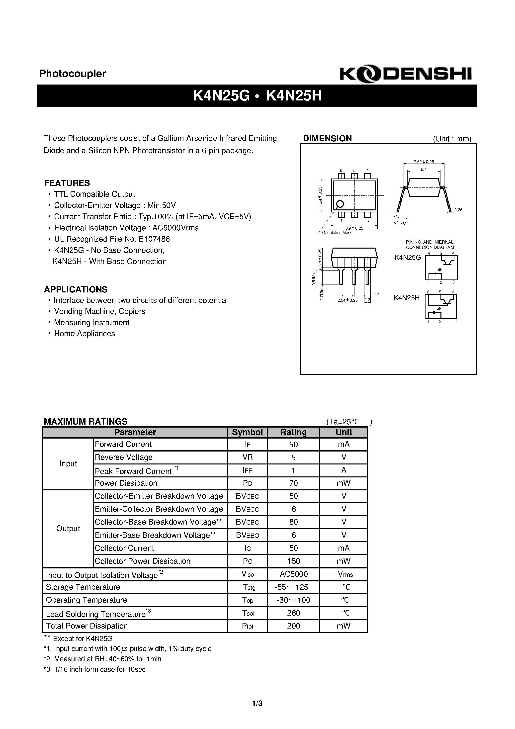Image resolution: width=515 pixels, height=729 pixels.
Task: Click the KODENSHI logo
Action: [x=406, y=74]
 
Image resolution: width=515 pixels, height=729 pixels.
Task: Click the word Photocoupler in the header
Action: [x=72, y=74]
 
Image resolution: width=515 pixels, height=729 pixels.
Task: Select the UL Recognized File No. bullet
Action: [x=112, y=239]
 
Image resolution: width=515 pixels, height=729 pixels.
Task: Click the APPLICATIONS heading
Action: [x=76, y=289]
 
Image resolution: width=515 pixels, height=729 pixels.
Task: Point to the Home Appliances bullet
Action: [x=85, y=334]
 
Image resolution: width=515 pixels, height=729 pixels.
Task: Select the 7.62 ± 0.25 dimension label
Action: [x=424, y=162]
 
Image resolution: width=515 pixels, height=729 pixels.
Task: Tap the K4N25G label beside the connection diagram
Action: [x=407, y=258]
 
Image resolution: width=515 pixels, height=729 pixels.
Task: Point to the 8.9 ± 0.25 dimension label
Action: [x=354, y=228]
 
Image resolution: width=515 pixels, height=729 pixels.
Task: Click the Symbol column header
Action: [x=247, y=433]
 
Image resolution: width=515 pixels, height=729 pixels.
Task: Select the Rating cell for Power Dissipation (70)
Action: [x=293, y=483]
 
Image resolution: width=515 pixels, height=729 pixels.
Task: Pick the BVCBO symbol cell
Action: [x=247, y=522]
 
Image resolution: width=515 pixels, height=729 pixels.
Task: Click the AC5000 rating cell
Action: [x=293, y=574]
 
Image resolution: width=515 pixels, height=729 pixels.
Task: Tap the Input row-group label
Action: [x=68, y=464]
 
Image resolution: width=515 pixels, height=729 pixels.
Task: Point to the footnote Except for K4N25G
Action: [x=78, y=638]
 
